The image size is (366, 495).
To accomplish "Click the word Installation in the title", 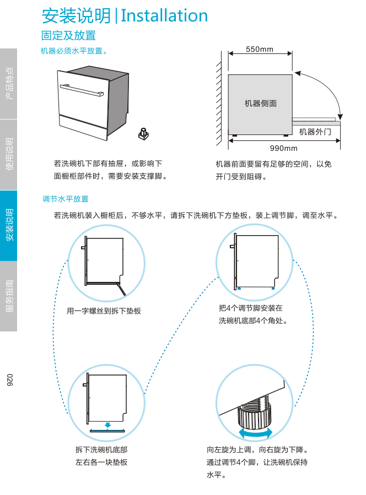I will click(x=164, y=15).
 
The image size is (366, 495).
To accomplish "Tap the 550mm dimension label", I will click(x=260, y=50).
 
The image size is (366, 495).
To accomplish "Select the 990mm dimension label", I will click(x=283, y=148).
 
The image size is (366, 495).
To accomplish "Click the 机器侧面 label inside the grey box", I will click(x=261, y=104).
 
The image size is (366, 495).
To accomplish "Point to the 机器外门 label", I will click(x=315, y=132).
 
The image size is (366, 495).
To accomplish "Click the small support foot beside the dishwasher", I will click(x=144, y=133).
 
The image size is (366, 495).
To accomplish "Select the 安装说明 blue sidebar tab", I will click(x=9, y=225).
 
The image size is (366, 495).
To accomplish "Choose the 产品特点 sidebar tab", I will click(x=9, y=84).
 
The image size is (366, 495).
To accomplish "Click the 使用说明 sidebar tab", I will click(x=9, y=155).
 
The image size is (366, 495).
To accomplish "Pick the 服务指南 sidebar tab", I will click(x=9, y=296).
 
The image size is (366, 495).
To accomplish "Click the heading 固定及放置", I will click(x=68, y=36).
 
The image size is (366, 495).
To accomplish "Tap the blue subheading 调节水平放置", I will click(x=66, y=199).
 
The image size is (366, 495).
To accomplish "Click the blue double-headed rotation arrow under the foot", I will click(x=255, y=434).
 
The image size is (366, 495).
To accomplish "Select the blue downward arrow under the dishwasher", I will click(x=108, y=425).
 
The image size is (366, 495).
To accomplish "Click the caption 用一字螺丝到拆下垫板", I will click(x=104, y=311).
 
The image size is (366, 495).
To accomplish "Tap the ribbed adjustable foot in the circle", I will click(x=256, y=417).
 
